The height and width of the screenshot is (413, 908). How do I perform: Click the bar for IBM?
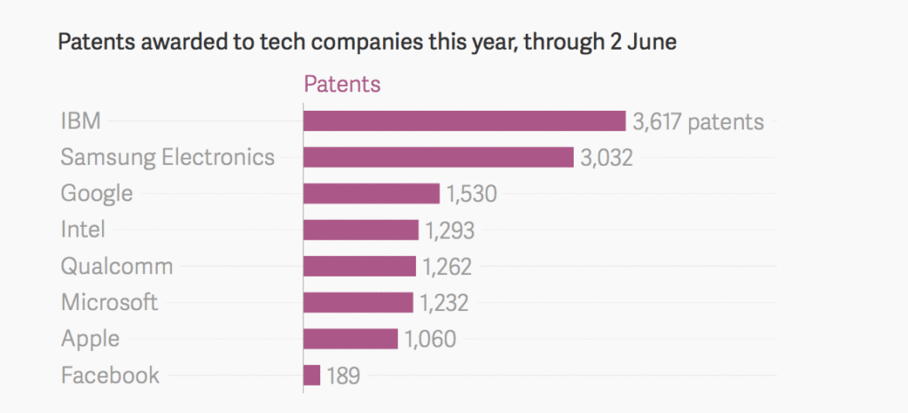465,121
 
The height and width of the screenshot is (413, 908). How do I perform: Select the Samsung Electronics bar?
438,158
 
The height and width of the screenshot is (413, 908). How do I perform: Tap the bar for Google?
372,194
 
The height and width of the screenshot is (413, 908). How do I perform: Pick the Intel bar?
361,230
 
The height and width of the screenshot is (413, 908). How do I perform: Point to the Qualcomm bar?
359,267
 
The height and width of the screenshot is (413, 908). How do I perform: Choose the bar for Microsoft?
358,303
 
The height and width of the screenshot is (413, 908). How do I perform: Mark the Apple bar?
350,339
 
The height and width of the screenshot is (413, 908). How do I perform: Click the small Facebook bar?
311,376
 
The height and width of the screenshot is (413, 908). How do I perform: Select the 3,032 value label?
607,158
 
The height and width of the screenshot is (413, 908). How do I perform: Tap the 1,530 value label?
472,194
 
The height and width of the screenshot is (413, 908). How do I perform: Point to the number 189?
343,376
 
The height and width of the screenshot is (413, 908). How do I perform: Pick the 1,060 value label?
431,339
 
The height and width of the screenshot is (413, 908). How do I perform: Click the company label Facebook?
110,375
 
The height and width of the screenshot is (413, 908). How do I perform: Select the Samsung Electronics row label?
168,158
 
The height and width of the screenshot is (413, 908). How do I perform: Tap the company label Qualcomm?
116,267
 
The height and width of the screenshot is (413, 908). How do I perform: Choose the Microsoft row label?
109,302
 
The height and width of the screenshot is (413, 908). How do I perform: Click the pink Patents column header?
342,84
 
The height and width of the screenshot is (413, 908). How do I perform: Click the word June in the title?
651,43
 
